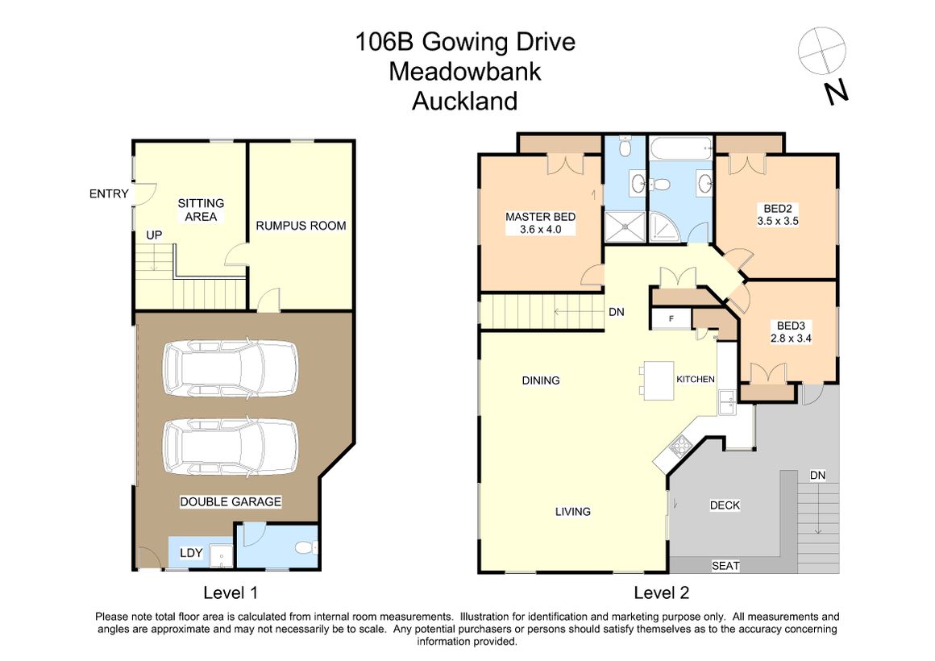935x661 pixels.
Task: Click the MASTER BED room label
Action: click(x=540, y=223)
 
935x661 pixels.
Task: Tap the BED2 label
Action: click(x=778, y=214)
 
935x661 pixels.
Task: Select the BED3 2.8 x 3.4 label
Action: click(x=791, y=331)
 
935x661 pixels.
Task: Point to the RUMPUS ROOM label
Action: click(x=301, y=226)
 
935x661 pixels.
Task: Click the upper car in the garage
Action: click(x=231, y=368)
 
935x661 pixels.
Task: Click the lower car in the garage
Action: click(x=231, y=447)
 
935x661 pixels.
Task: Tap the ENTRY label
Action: click(x=109, y=193)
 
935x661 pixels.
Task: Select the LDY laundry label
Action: click(x=191, y=553)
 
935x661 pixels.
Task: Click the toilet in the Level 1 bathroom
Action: click(x=306, y=547)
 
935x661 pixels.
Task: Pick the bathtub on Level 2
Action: click(x=681, y=148)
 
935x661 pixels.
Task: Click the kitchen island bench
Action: click(x=659, y=380)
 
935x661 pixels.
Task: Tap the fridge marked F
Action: click(x=671, y=318)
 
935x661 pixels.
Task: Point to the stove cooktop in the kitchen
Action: click(x=679, y=444)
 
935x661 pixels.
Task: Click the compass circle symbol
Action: click(x=821, y=51)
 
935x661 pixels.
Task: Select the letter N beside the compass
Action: click(x=836, y=93)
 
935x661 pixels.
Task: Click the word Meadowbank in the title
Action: click(x=465, y=72)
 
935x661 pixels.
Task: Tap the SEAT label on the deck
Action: click(x=725, y=566)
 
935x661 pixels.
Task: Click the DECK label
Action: click(x=725, y=505)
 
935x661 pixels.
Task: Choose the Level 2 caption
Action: click(x=661, y=592)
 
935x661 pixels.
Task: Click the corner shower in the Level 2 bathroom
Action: click(x=663, y=227)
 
